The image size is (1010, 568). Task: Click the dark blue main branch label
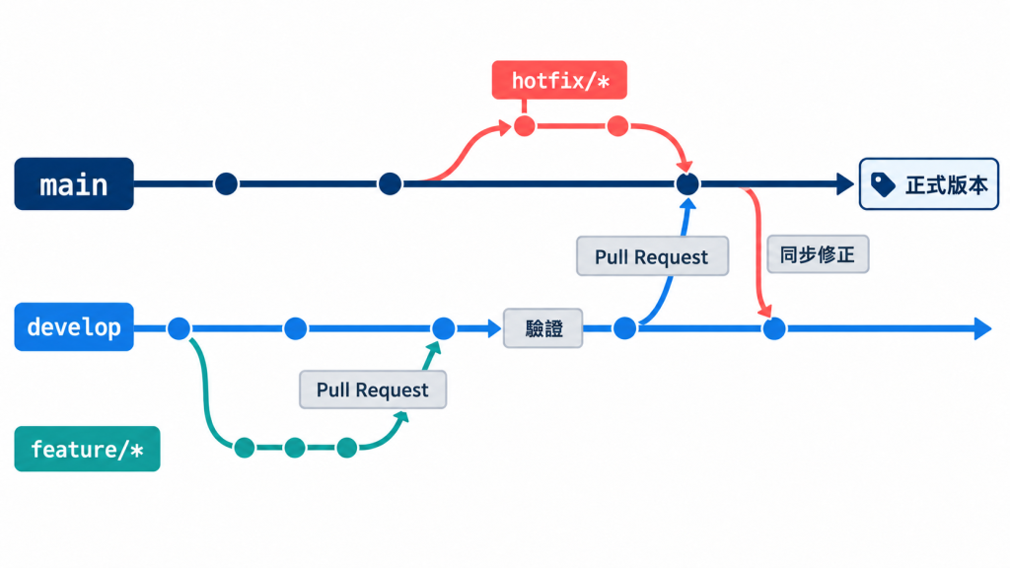pos(74,184)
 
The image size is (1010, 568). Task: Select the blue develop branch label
pos(74,327)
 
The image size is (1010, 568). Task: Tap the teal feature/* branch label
pos(87,449)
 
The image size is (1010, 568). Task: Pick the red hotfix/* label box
pos(559,80)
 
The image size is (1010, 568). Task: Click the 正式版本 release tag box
pos(929,184)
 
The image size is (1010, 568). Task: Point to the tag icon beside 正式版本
pos(883,184)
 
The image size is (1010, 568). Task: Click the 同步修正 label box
pos(818,254)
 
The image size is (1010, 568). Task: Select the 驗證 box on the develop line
pos(543,328)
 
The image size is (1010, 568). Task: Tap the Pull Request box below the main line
pos(653,256)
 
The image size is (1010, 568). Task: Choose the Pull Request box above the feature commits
pos(373,390)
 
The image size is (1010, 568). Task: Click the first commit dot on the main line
pos(226,184)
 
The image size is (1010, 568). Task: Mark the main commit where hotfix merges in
pos(687,184)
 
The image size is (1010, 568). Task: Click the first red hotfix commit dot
pos(525,126)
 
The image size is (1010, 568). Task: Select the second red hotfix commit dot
pos(617,126)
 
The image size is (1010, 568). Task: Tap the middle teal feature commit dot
pos(295,447)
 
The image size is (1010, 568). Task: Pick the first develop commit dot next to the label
pos(180,328)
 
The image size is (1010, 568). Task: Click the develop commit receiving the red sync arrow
pos(774,328)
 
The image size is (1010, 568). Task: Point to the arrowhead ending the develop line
pos(983,328)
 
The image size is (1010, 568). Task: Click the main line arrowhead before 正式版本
pos(845,184)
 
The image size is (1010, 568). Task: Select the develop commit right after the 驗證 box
pos(624,328)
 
